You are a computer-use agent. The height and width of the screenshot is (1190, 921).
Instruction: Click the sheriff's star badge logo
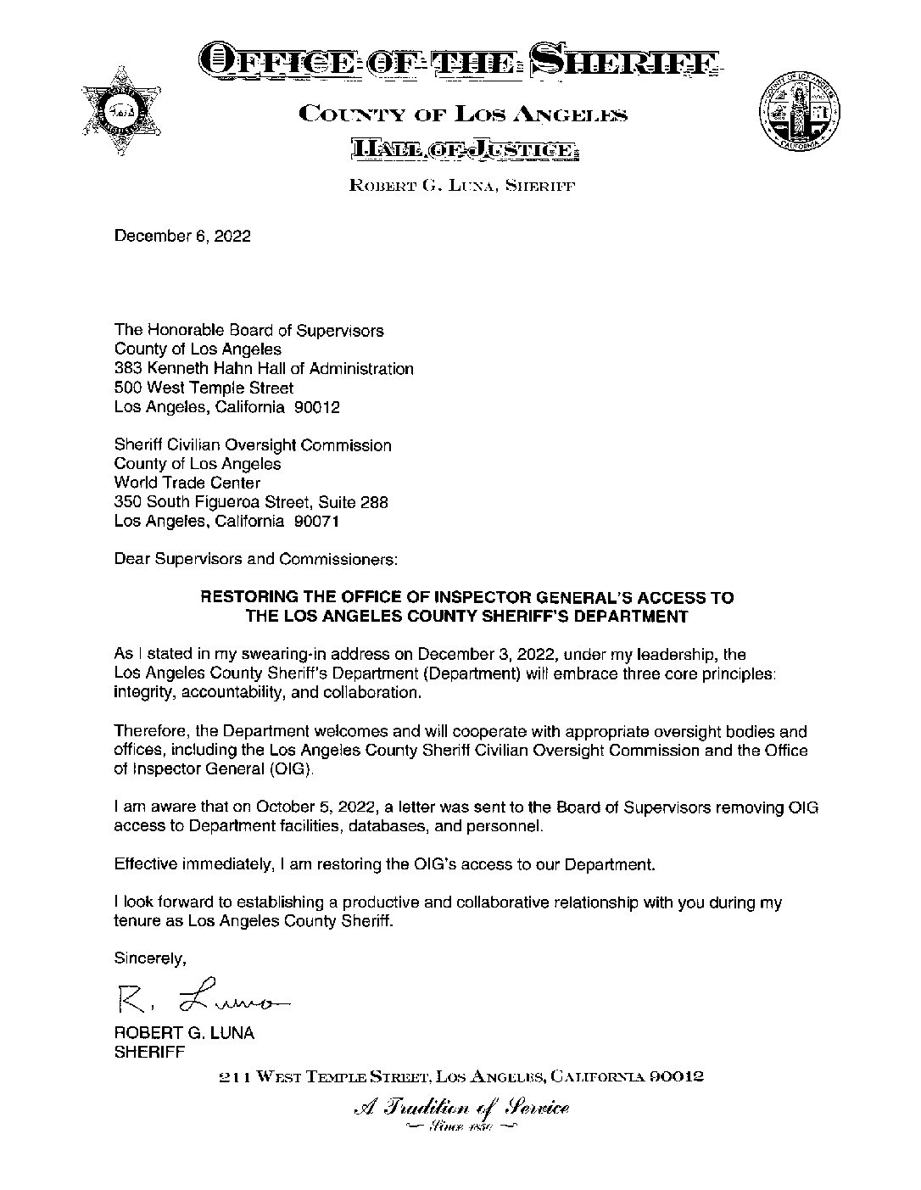122,109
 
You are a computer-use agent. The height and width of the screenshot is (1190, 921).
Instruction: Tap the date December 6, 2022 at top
182,237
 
